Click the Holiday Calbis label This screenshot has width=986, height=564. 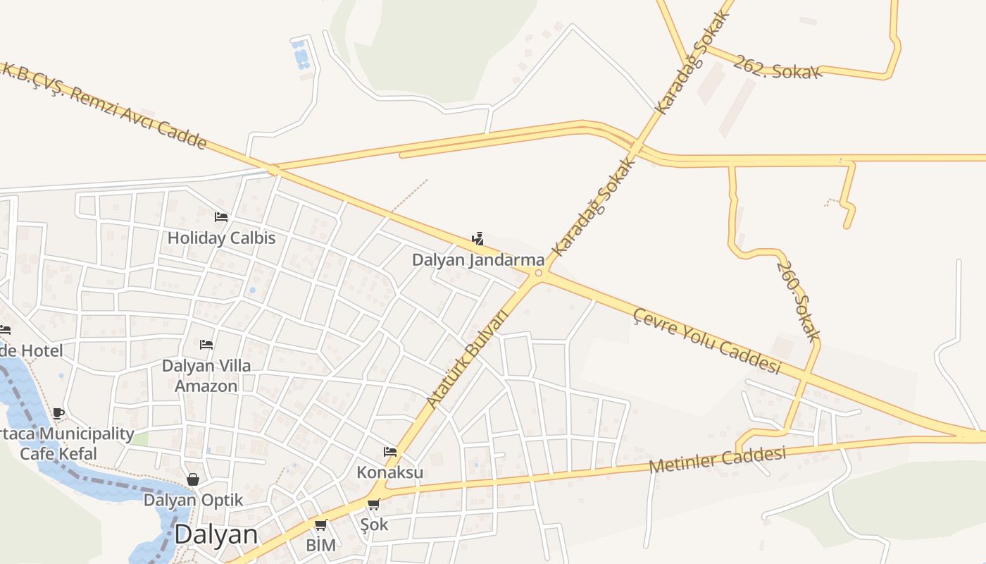221,238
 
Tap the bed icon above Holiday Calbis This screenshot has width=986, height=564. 221,217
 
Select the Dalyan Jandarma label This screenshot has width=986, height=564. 478,260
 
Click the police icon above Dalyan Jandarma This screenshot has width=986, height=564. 478,239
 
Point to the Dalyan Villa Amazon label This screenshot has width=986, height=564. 206,376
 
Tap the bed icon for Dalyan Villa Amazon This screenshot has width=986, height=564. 206,345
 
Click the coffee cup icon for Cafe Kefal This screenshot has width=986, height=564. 58,413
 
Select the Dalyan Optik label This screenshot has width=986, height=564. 193,501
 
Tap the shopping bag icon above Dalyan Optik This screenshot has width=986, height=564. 193,479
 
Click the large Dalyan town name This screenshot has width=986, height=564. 216,534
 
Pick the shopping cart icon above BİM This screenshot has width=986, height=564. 320,525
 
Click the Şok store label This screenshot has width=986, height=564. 374,525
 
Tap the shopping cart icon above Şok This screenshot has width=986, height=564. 374,504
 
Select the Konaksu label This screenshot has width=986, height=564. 390,472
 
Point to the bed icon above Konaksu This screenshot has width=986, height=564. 390,451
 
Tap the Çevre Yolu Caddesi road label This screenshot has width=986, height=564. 707,341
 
